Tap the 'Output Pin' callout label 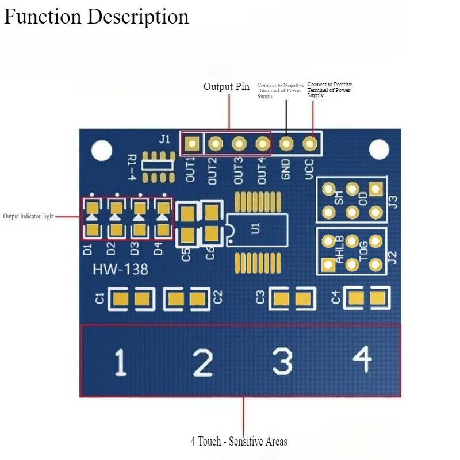tap(227, 87)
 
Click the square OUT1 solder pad tap(191, 143)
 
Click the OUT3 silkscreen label tap(239, 170)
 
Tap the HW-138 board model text tap(120, 270)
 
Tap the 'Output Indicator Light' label tap(28, 217)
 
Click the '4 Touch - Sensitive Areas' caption tap(239, 442)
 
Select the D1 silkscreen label tap(88, 249)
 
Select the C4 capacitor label tap(336, 298)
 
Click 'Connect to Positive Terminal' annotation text tap(329, 90)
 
